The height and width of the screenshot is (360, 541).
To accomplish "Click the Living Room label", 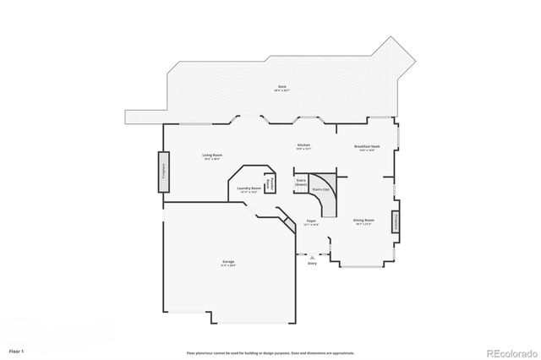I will (212, 155).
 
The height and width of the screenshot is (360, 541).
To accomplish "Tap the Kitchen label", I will (303, 145).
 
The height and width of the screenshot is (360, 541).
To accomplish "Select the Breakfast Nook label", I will (366, 146).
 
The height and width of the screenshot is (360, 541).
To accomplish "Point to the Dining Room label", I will (363, 220).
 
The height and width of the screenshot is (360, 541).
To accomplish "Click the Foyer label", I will (310, 221).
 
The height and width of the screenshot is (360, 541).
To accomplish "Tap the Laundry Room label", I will (248, 188).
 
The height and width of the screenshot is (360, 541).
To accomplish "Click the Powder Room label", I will (270, 182).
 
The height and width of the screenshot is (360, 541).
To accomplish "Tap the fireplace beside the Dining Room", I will (395, 222).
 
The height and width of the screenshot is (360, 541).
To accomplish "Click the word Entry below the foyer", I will (312, 264).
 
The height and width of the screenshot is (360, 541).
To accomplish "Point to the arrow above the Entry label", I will (312, 257).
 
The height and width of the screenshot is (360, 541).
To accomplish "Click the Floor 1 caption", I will (16, 350).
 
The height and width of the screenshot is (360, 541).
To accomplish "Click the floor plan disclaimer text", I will (270, 352).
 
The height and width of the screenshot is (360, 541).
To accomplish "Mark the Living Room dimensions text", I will (212, 160).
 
